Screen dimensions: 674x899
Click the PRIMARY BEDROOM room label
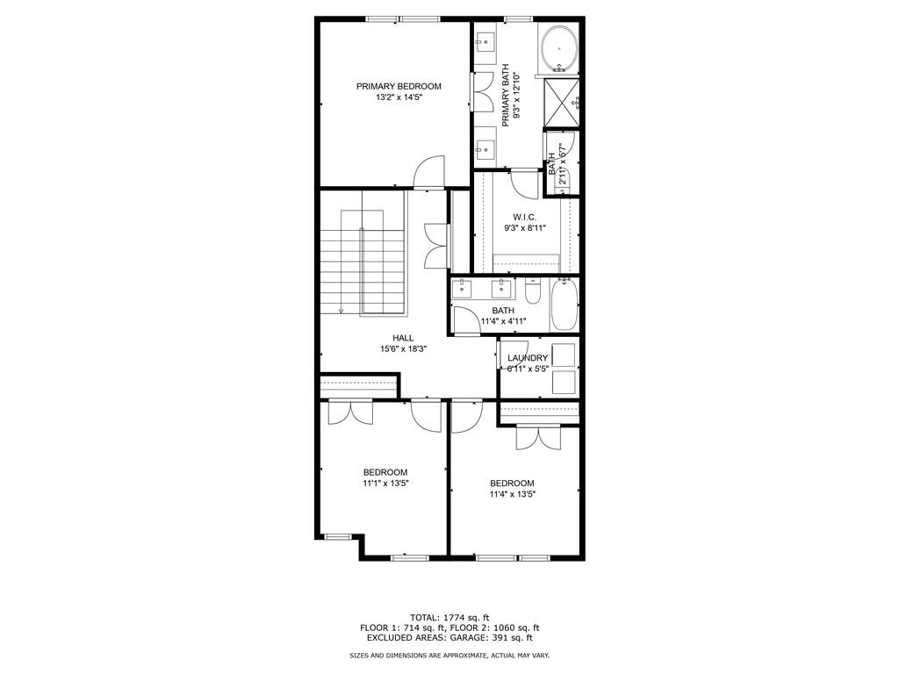pyautogui.click(x=399, y=86)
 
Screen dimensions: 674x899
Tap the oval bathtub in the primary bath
pyautogui.click(x=558, y=49)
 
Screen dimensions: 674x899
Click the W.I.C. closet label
pyautogui.click(x=525, y=217)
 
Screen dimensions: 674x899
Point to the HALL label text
pyautogui.click(x=403, y=338)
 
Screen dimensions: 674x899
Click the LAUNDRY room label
pyautogui.click(x=528, y=358)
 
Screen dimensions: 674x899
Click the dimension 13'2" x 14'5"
pyautogui.click(x=399, y=97)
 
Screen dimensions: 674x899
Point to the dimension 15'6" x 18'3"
pyautogui.click(x=403, y=349)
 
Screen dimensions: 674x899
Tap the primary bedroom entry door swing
pyautogui.click(x=430, y=172)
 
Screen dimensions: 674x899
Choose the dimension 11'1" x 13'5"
pyautogui.click(x=386, y=483)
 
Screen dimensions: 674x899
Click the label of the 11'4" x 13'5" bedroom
pyautogui.click(x=512, y=483)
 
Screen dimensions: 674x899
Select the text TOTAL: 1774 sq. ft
pyautogui.click(x=449, y=616)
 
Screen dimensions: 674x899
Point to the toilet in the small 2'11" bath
pyautogui.click(x=565, y=181)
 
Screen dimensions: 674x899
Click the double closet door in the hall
pyautogui.click(x=436, y=246)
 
